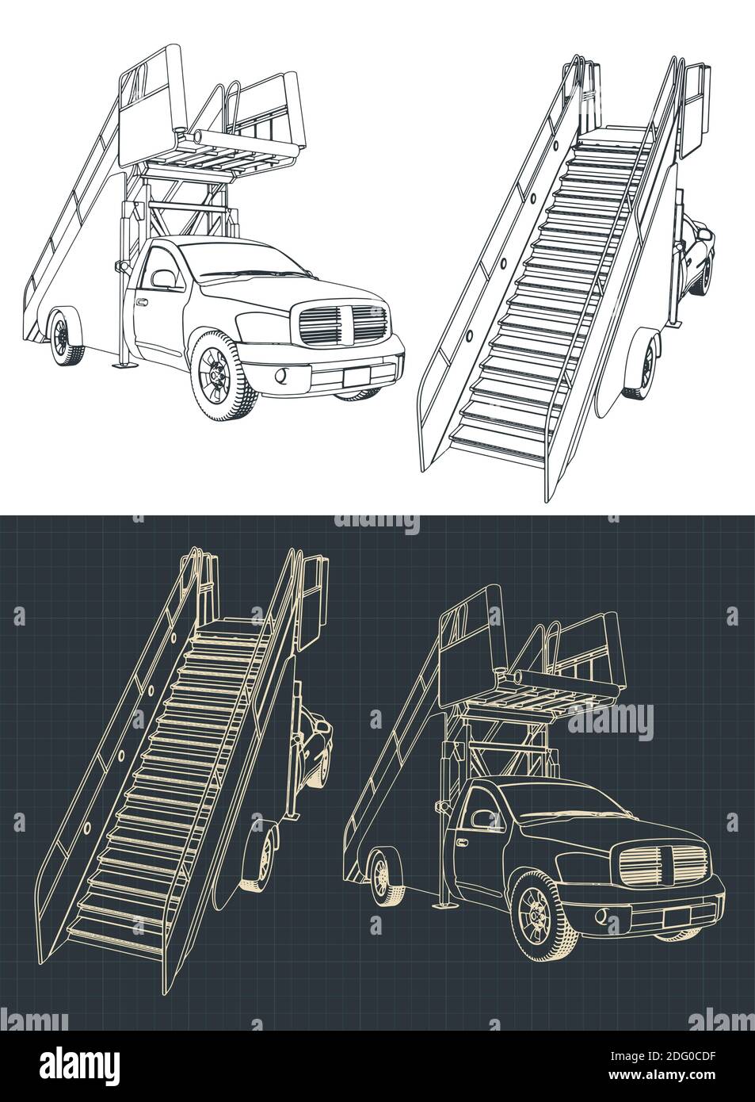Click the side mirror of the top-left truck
click(x=164, y=278)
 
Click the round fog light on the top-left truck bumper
click(x=281, y=374)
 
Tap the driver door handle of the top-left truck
click(x=142, y=303)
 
